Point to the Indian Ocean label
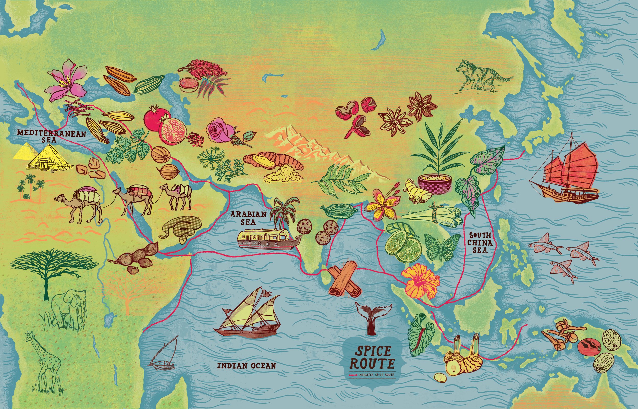point(247,366)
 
